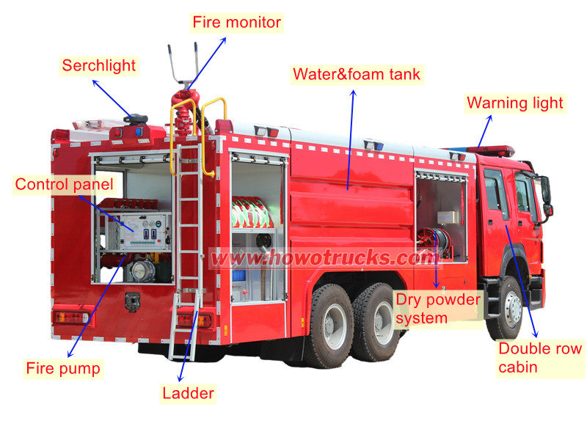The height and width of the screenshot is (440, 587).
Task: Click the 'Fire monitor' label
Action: click(x=236, y=22)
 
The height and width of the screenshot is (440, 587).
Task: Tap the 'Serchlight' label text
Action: click(x=98, y=65)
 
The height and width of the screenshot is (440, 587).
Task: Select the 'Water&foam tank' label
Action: click(x=357, y=74)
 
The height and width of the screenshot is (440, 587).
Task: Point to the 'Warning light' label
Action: click(x=515, y=103)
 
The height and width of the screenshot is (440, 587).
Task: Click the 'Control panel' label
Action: click(x=64, y=185)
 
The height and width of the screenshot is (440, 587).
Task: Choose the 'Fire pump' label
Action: click(x=62, y=367)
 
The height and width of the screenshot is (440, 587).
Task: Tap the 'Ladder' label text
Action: click(x=189, y=393)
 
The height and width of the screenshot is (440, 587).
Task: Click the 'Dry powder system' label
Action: click(x=438, y=308)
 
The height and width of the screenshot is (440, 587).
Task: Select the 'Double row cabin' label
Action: click(x=540, y=358)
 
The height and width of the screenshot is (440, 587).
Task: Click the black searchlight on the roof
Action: click(x=135, y=118)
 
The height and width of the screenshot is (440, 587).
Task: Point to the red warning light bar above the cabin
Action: click(x=490, y=151)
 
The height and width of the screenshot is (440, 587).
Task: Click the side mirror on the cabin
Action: click(x=545, y=192)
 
